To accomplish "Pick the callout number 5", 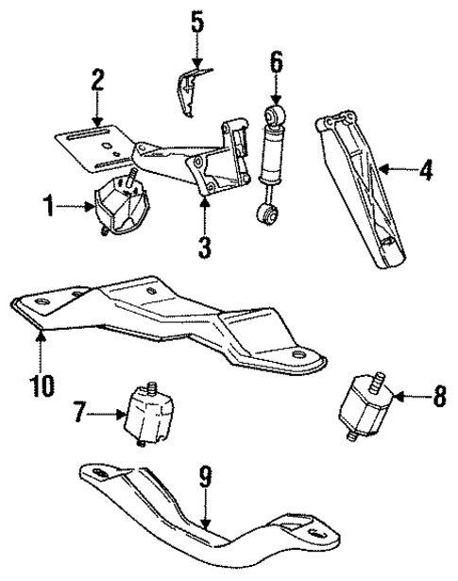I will (x=196, y=20).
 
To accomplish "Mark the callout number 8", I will (x=439, y=398).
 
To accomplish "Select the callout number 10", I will (x=42, y=384).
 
